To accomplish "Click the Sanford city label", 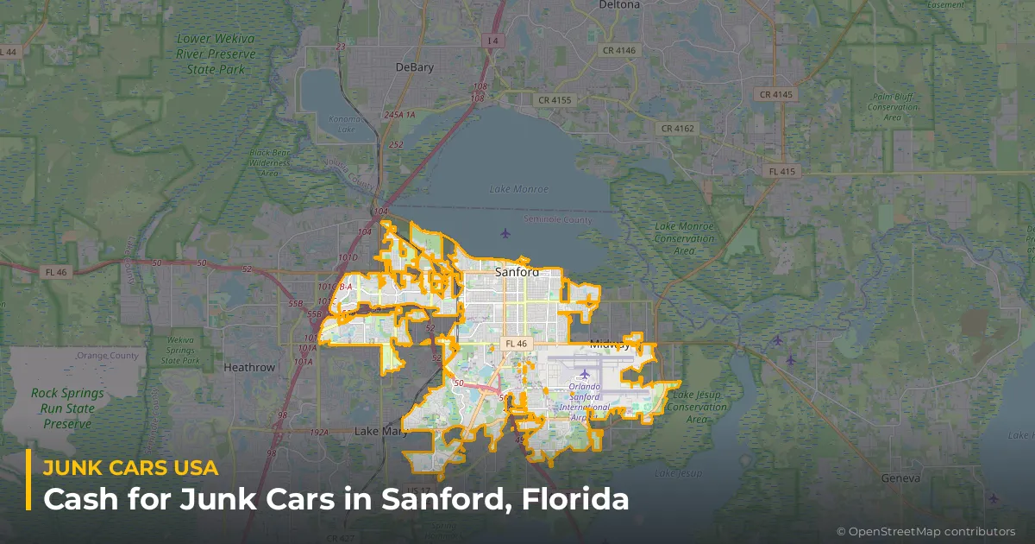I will (x=517, y=272).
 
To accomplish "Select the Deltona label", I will (x=619, y=5).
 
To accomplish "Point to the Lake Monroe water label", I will (x=514, y=188).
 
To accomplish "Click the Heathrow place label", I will (x=249, y=367).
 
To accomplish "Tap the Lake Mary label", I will (x=378, y=431).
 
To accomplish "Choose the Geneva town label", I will (x=900, y=478).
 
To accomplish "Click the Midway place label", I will (x=610, y=345).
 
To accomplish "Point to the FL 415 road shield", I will (x=782, y=172).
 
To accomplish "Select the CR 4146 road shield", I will (x=618, y=50).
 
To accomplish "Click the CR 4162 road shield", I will (x=676, y=128).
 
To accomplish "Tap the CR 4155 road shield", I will (x=554, y=100).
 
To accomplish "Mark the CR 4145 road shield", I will (x=775, y=93).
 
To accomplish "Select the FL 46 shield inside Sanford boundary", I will (x=516, y=344).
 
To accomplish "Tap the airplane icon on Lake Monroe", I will (x=505, y=233).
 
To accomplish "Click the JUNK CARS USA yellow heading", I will (x=130, y=468).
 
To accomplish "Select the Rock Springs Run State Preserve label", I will (x=67, y=408).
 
